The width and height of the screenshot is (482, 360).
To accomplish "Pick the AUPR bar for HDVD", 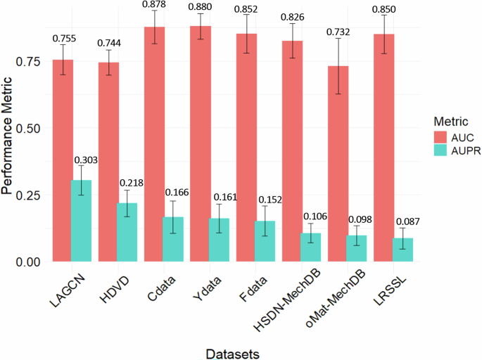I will (x=127, y=232).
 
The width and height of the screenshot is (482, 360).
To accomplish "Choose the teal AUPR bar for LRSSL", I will (x=402, y=250).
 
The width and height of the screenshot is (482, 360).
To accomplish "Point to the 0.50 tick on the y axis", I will (x=32, y=129).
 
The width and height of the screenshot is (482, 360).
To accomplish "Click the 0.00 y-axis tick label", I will (x=32, y=262).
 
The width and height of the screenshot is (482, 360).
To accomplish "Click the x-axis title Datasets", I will (x=228, y=349).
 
